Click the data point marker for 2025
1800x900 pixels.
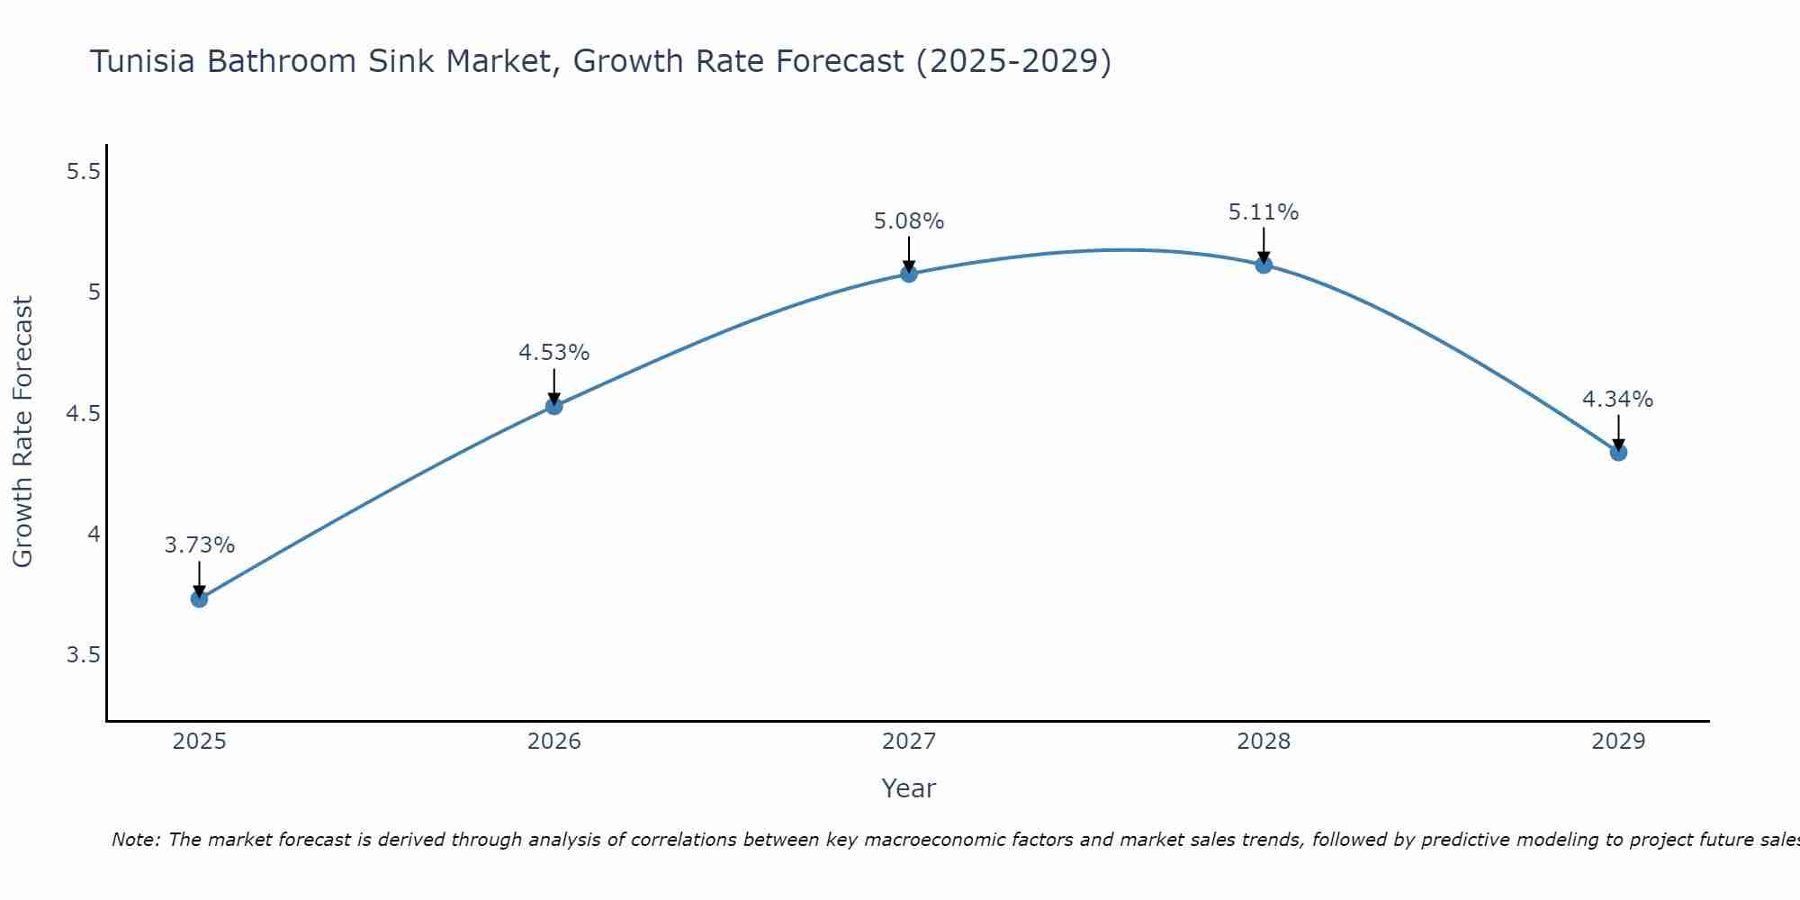click(x=200, y=598)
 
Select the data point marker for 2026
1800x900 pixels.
click(x=554, y=406)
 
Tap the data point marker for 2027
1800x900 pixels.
click(x=909, y=274)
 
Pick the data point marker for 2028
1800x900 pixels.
click(x=1264, y=265)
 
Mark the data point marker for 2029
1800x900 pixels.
click(x=1618, y=452)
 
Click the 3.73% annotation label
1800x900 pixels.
click(x=200, y=545)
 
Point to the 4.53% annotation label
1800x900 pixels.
click(x=554, y=353)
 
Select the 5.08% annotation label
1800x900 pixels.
click(x=909, y=221)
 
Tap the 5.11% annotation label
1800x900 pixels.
click(x=1264, y=212)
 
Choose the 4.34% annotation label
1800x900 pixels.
click(x=1618, y=400)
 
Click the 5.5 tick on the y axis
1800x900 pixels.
click(x=83, y=171)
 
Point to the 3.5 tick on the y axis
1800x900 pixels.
click(x=83, y=654)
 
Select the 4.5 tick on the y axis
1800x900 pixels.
click(x=83, y=413)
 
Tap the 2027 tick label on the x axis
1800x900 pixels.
click(x=909, y=742)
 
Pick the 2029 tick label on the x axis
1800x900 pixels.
click(x=1618, y=742)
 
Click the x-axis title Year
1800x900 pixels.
click(x=909, y=788)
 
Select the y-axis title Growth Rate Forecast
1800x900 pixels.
click(x=23, y=432)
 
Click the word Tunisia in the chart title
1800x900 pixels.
click(x=144, y=62)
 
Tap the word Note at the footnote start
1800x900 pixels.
click(x=135, y=840)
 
